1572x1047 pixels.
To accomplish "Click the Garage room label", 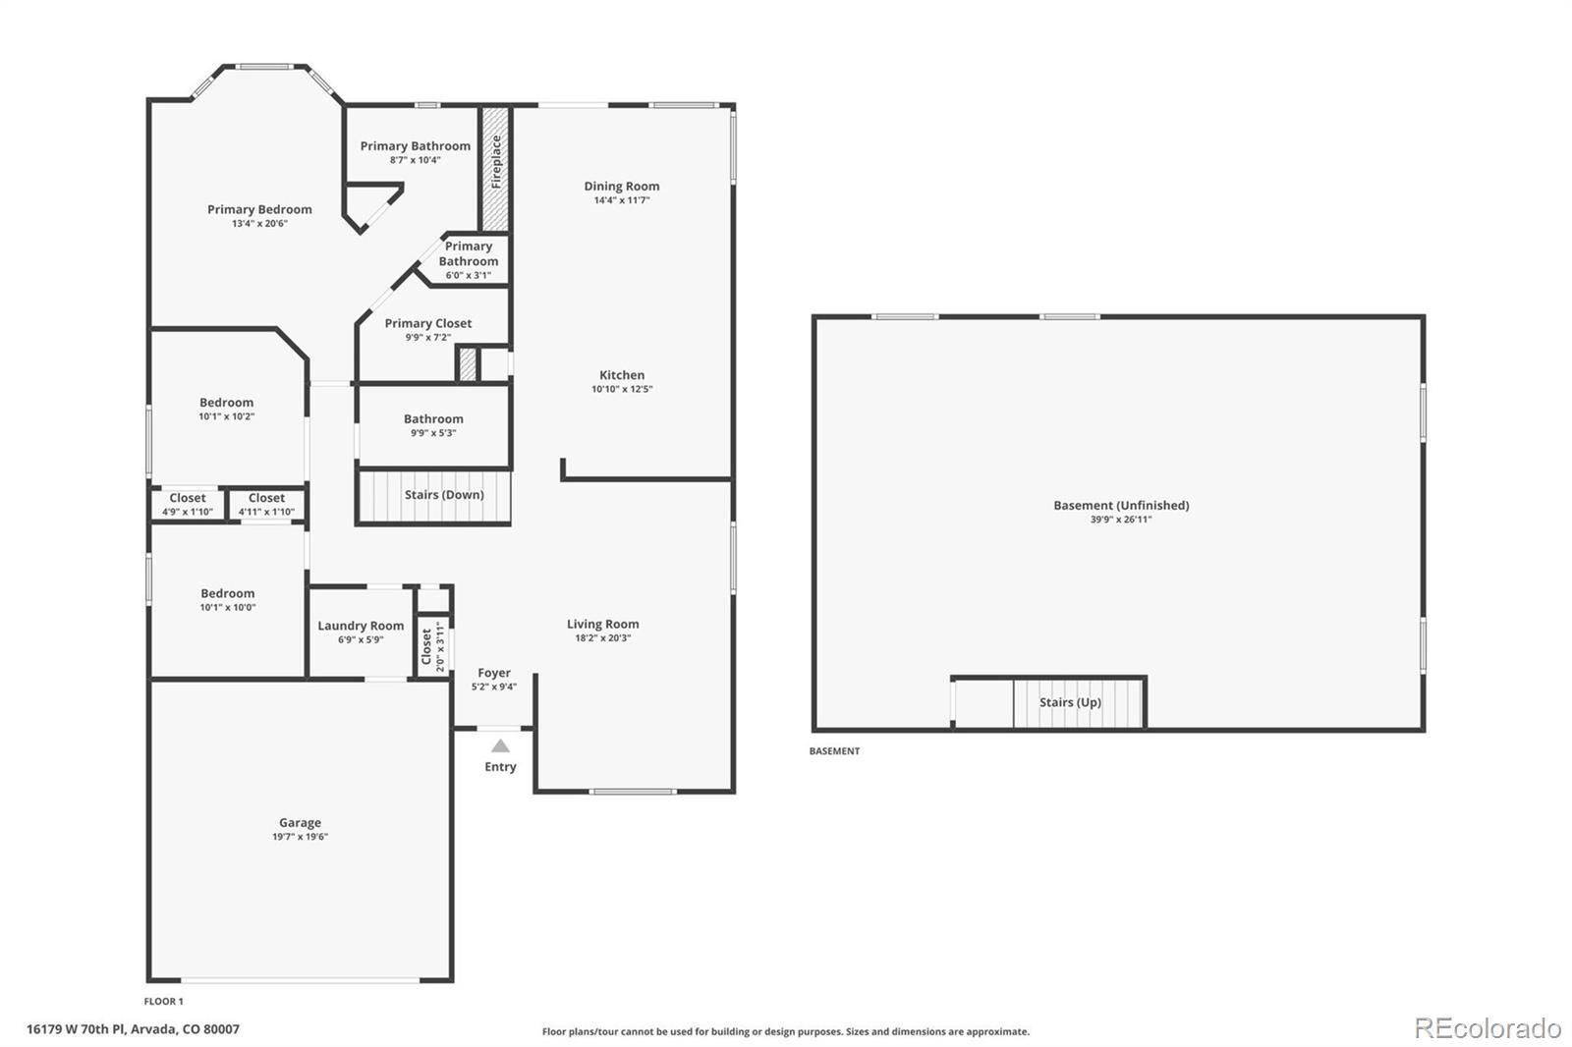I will tap(300, 823).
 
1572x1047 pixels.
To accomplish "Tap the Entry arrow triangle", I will tap(500, 746).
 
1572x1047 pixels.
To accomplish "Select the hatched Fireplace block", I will tap(495, 169).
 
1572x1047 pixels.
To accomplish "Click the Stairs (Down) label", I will tap(444, 495).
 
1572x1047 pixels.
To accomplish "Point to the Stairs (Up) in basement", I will tap(1070, 702).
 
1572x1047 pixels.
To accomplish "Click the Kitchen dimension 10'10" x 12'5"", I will tap(622, 390).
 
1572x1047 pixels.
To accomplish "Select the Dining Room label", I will tap(622, 186).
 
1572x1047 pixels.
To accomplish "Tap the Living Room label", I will tap(602, 624).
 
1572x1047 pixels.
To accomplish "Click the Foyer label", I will tap(494, 673).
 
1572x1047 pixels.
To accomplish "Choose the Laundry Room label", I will tap(361, 626).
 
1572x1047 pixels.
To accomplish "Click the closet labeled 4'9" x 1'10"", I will tap(188, 505).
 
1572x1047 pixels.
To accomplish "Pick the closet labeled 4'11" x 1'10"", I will tap(266, 505).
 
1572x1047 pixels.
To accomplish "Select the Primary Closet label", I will tap(427, 323).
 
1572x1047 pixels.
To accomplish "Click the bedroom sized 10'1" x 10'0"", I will tap(228, 599).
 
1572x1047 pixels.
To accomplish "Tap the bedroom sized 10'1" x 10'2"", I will tap(227, 409).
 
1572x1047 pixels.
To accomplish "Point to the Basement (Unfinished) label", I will tap(1121, 506).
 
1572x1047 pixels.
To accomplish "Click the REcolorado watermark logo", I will tap(1487, 1028).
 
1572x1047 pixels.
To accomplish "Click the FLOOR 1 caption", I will tap(163, 1002).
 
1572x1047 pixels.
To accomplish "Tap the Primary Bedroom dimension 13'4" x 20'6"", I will tap(259, 224).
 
